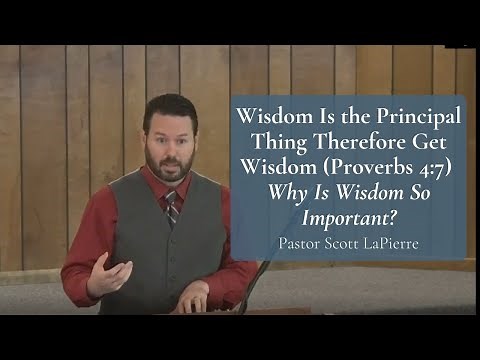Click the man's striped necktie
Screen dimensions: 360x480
point(171,208)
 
